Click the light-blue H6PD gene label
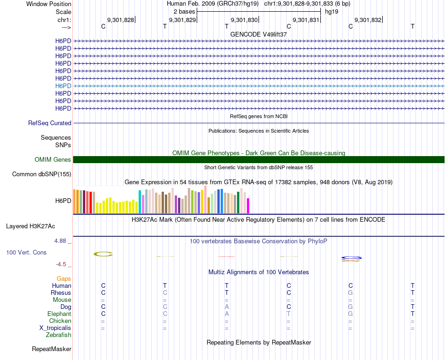(x=63, y=86)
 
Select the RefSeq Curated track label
(x=50, y=123)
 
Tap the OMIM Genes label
(x=53, y=160)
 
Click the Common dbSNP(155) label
(x=42, y=174)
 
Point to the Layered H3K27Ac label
(x=30, y=226)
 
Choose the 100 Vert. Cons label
(x=26, y=253)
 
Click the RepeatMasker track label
(x=52, y=349)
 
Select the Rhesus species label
(x=61, y=293)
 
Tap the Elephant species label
(x=59, y=314)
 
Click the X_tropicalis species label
(x=55, y=328)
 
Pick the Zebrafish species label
(x=59, y=335)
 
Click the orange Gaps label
(x=64, y=279)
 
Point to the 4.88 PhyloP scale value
(x=62, y=241)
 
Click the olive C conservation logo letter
(x=103, y=254)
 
